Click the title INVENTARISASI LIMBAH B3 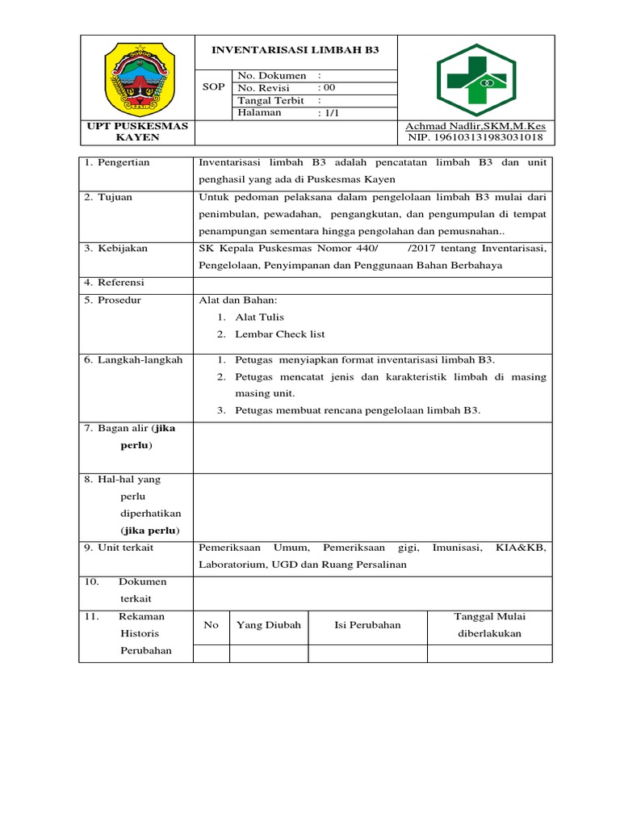[295, 50]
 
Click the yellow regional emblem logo [136, 78]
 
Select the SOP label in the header [213, 87]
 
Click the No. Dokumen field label [271, 76]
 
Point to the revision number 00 [329, 88]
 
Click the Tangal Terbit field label [270, 100]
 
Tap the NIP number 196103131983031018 [476, 137]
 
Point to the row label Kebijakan [122, 249]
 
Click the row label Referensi [121, 283]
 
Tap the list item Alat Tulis [259, 317]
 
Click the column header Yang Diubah [268, 625]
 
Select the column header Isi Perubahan [367, 625]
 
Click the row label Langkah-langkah [133, 360]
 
